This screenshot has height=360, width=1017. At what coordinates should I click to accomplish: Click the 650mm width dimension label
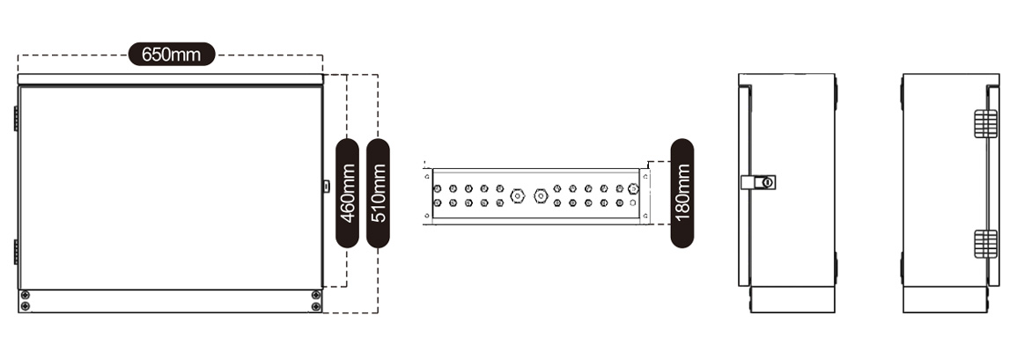point(172,55)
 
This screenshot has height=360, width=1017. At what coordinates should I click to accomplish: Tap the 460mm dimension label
point(348,194)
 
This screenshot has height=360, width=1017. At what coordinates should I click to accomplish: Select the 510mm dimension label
point(378,194)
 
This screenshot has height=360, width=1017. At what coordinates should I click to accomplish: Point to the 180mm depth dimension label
point(682,194)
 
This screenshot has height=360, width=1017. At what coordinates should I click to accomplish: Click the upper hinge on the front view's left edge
point(16,119)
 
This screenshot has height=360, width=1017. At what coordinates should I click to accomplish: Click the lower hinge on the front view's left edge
point(16,252)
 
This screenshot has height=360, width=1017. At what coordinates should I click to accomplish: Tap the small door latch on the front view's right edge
point(326,187)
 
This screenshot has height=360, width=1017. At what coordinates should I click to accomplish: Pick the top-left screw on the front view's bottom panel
point(26,295)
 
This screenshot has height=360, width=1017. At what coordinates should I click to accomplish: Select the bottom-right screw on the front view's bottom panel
point(316,306)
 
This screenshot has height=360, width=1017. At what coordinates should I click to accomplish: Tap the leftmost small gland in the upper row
point(437,188)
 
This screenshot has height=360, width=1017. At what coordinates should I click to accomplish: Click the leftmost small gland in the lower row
point(437,203)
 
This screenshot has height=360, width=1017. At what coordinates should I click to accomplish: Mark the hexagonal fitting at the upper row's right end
point(633,188)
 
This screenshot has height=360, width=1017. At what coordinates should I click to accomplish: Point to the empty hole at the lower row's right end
point(633,203)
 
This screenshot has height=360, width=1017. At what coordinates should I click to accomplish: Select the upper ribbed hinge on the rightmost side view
point(985,123)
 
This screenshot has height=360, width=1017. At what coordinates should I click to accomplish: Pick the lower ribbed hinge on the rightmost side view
point(985,243)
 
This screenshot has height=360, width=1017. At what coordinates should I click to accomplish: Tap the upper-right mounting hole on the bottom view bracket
point(645,176)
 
